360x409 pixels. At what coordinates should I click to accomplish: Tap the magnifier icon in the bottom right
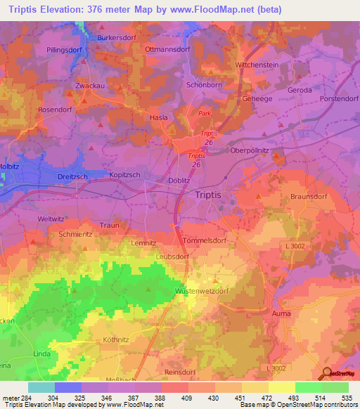326,373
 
